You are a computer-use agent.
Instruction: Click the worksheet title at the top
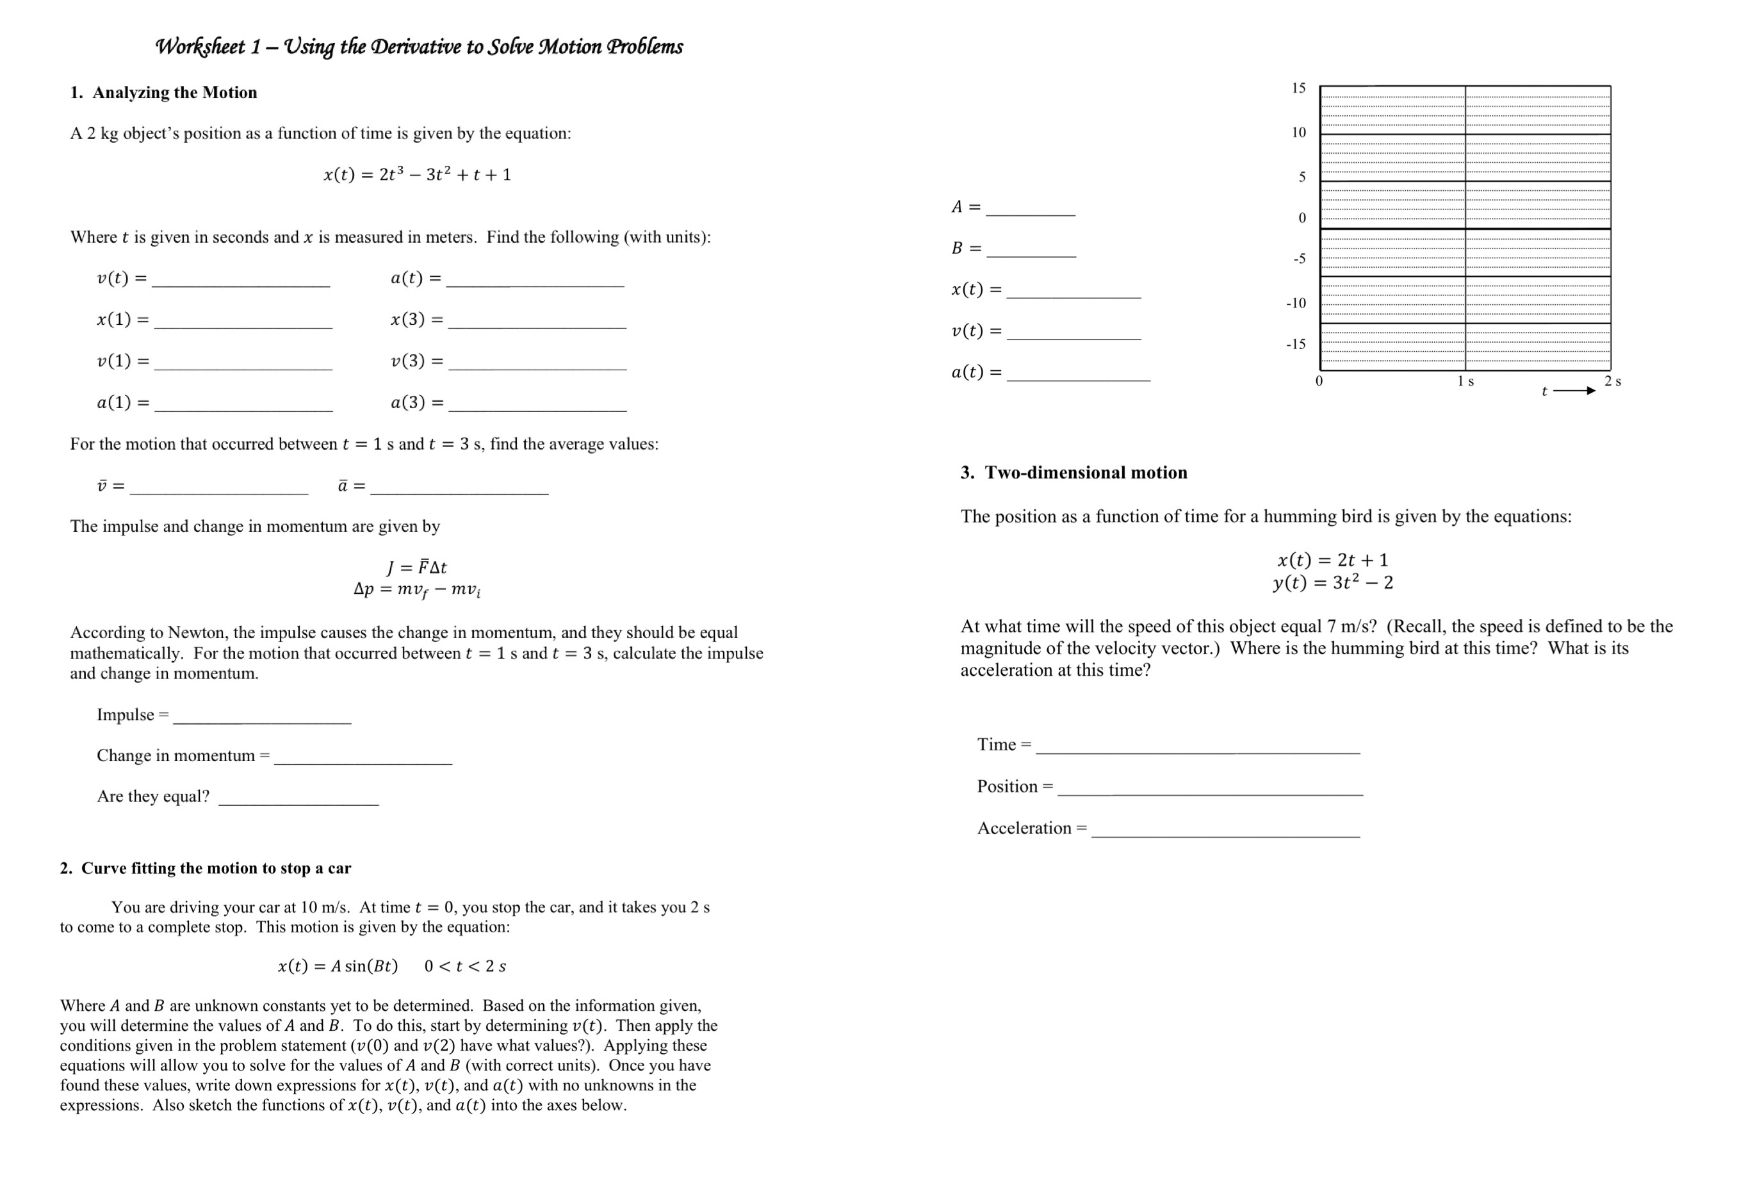click(x=418, y=47)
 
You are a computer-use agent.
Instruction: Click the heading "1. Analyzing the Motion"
click(x=163, y=92)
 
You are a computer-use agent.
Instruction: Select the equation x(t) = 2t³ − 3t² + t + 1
click(x=418, y=174)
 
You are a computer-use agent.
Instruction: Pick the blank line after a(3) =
click(x=537, y=404)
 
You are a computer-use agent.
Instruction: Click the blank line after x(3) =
click(x=537, y=321)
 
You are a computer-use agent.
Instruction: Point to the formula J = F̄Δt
click(x=417, y=567)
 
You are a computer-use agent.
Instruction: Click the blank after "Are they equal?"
click(x=298, y=799)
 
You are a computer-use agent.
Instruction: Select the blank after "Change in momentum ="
click(x=363, y=759)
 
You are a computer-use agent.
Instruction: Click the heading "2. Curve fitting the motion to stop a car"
click(x=206, y=868)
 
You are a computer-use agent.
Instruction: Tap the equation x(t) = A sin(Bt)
click(x=338, y=966)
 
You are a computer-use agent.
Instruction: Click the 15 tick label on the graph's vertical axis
click(x=1298, y=88)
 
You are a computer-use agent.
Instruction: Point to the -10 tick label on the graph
click(x=1296, y=303)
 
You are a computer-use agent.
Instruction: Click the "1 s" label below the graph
click(x=1465, y=381)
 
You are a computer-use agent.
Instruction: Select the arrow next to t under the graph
click(x=1574, y=391)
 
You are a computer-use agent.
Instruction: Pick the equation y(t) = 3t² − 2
click(x=1333, y=582)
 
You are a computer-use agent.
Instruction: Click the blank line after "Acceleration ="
click(x=1225, y=831)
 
